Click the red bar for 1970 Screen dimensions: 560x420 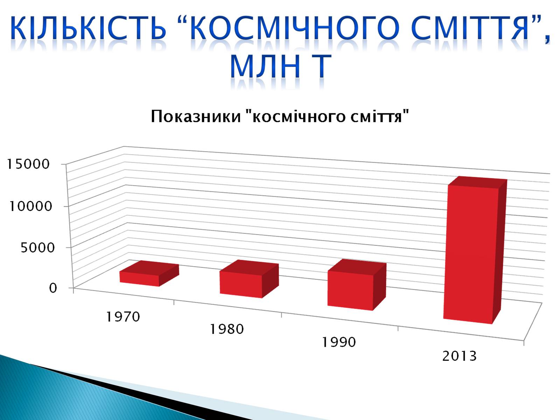[x=149, y=274]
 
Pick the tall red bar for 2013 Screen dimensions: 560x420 [x=475, y=250]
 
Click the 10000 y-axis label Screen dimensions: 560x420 [x=30, y=206]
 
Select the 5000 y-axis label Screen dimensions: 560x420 [x=37, y=247]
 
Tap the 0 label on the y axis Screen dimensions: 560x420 [x=53, y=288]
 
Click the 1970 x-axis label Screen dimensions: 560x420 [x=123, y=317]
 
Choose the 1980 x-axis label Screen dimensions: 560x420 [x=227, y=329]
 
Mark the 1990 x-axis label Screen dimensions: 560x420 [x=339, y=342]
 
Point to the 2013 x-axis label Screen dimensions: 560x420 [x=459, y=356]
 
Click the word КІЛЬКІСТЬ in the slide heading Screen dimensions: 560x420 [x=88, y=28]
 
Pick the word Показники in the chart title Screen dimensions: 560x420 [x=196, y=117]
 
